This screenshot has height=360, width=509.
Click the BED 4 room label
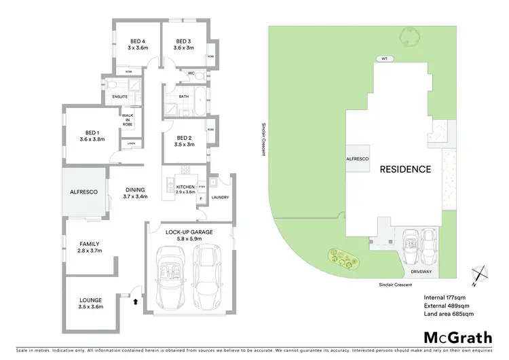[137, 40]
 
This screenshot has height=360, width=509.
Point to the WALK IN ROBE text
[128, 121]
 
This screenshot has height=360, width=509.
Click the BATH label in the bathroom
[183, 96]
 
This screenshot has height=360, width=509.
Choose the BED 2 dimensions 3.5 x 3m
[185, 145]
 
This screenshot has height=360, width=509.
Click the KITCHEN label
[185, 187]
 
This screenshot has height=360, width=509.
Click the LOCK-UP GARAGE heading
[189, 232]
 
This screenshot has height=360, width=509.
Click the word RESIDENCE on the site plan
[404, 169]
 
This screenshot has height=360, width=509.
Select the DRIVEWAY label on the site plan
[421, 272]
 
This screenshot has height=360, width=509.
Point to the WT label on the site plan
[383, 59]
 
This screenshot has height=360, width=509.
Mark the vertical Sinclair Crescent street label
[263, 139]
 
